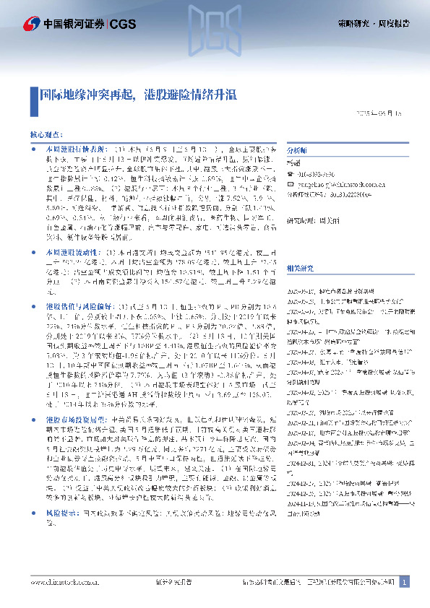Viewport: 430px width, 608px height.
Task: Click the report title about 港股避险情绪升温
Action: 137,95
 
